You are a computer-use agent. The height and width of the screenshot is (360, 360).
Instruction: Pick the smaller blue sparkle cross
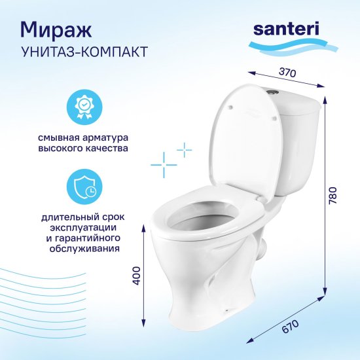[185, 150]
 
